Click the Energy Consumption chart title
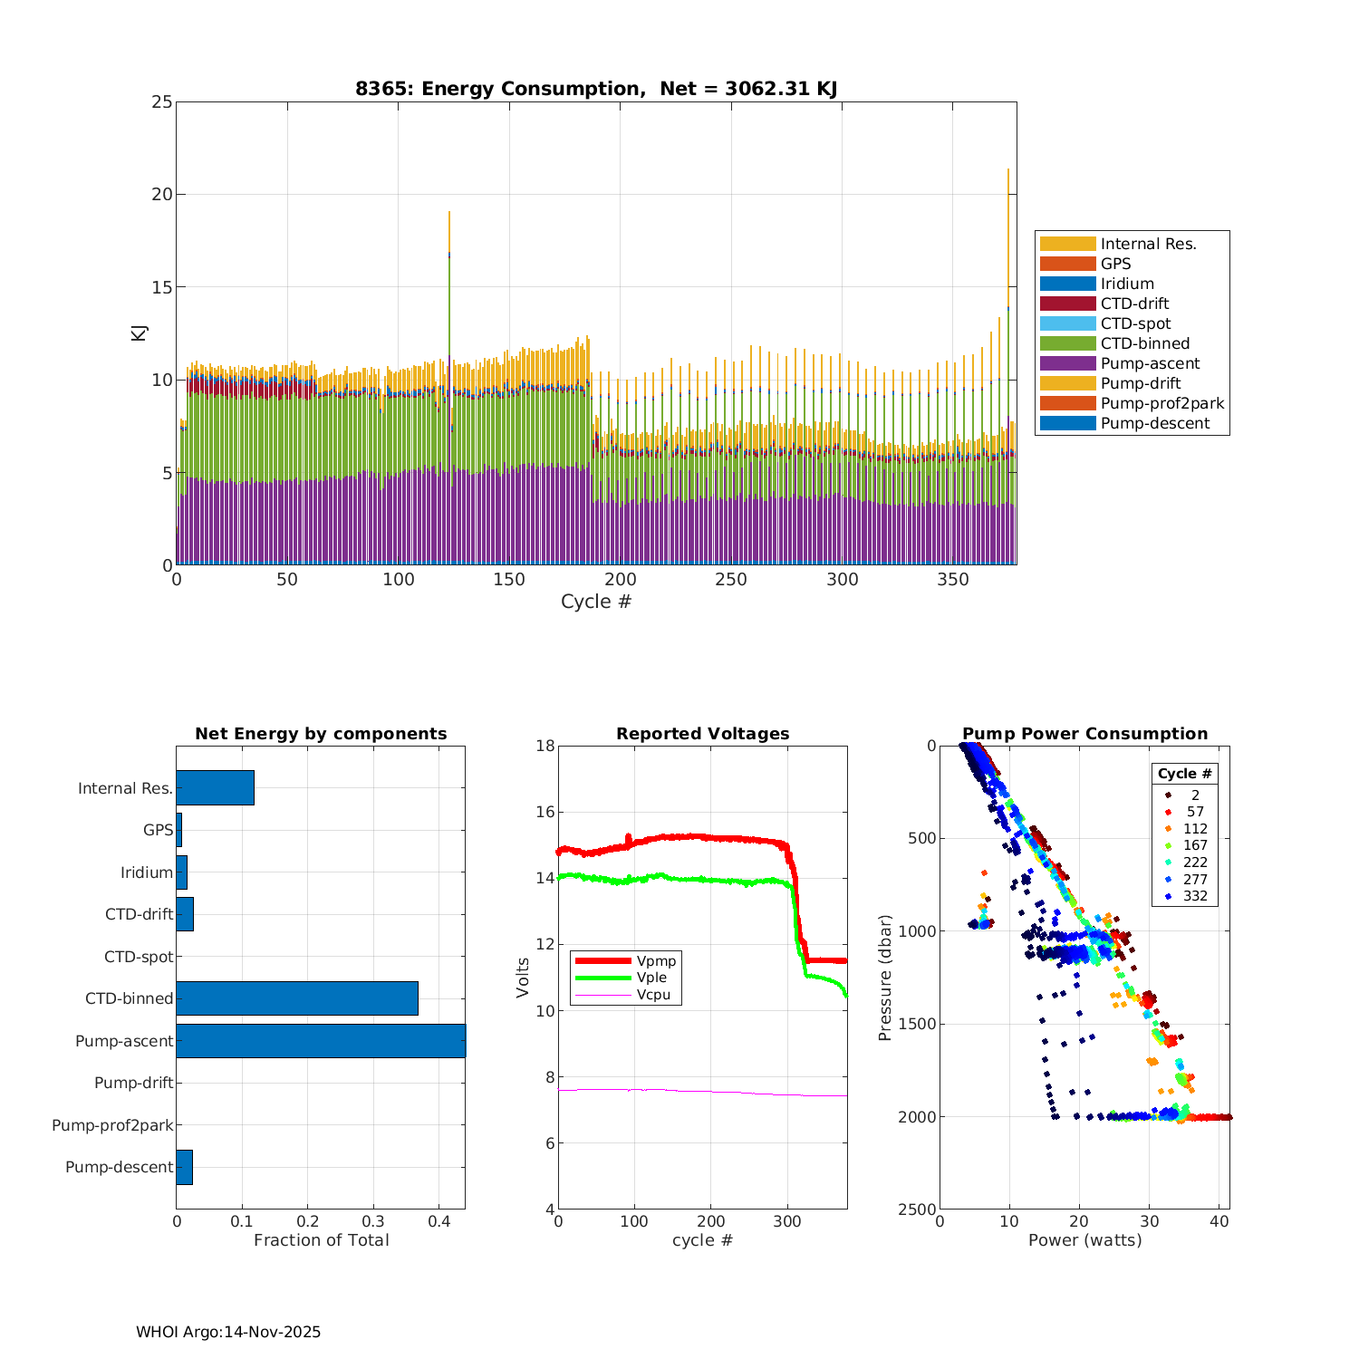coord(595,89)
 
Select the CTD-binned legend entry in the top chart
coord(1144,343)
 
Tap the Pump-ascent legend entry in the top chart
coord(1150,363)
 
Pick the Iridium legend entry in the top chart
coord(1127,284)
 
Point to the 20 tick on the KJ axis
coord(161,195)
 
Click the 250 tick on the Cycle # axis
coord(731,580)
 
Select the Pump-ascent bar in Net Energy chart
coord(321,1041)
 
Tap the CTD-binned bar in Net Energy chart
coord(297,998)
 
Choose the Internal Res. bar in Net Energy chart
coord(215,788)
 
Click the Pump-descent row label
coord(119,1167)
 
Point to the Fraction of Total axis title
coord(321,1240)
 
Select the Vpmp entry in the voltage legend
coord(656,960)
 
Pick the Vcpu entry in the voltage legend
coord(652,995)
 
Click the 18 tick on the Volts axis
coord(545,746)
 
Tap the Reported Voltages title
coord(702,734)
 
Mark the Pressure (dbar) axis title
coord(885,978)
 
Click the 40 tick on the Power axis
coord(1219,1221)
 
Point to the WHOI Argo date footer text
coord(228,1332)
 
